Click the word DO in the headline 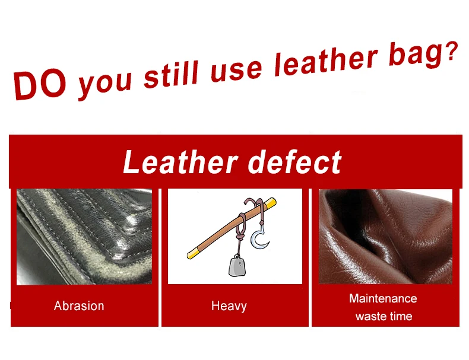click(40, 85)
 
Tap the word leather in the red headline click(327, 62)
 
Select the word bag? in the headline click(423, 54)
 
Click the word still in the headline click(171, 74)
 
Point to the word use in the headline click(236, 71)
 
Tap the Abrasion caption click(79, 306)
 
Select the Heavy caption click(229, 306)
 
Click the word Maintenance click(383, 298)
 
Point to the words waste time click(384, 316)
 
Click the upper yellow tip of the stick click(270, 203)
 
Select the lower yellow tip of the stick click(192, 254)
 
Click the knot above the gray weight click(239, 238)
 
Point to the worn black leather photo click(84, 237)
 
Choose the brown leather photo click(385, 236)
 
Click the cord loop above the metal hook click(260, 209)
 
